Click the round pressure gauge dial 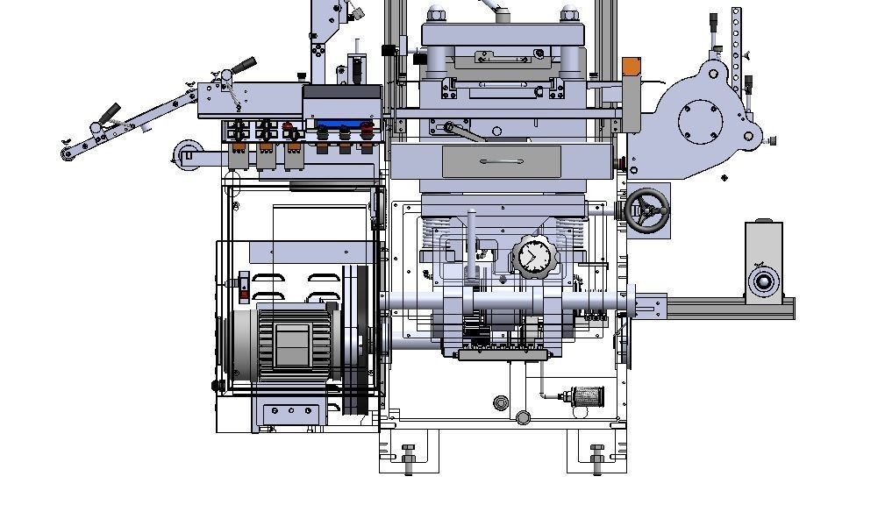533,257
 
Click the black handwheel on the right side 647,210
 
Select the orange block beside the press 632,67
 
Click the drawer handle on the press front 502,162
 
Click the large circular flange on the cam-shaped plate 698,118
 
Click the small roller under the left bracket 185,154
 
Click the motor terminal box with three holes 290,410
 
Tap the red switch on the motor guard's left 244,288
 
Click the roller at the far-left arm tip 68,154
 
